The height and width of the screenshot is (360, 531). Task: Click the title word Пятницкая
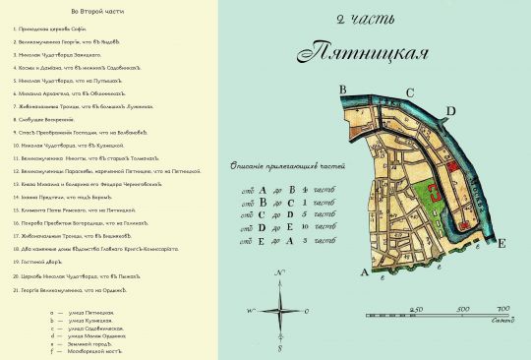(365, 51)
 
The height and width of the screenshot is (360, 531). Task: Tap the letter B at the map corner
(345, 90)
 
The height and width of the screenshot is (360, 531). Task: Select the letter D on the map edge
(449, 110)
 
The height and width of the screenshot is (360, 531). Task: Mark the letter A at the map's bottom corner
(367, 271)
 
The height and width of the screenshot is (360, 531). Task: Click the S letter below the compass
(280, 348)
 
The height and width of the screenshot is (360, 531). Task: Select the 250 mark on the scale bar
(417, 309)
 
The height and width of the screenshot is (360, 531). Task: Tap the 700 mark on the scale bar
(502, 309)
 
